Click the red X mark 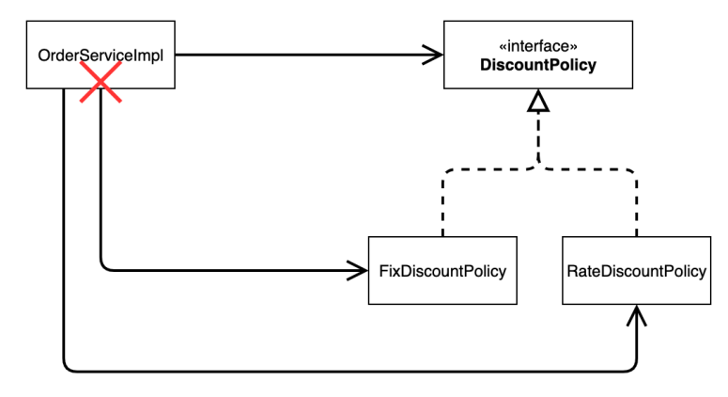pos(101,82)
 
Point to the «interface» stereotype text pos(538,46)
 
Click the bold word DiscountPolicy pos(538,65)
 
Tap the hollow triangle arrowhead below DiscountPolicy pos(538,101)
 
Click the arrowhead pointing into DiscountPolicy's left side pos(433,55)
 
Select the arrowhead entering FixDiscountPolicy pos(358,271)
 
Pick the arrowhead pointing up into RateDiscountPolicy pos(637,315)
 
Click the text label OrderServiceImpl pos(101,56)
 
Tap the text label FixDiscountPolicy pos(442,271)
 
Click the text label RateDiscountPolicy pos(637,271)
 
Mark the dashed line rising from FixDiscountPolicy pos(443,203)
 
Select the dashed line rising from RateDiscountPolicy pos(637,203)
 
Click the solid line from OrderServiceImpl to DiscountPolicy pos(309,55)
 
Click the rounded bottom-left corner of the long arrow pos(68,368)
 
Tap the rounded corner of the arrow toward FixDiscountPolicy pos(104,267)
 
